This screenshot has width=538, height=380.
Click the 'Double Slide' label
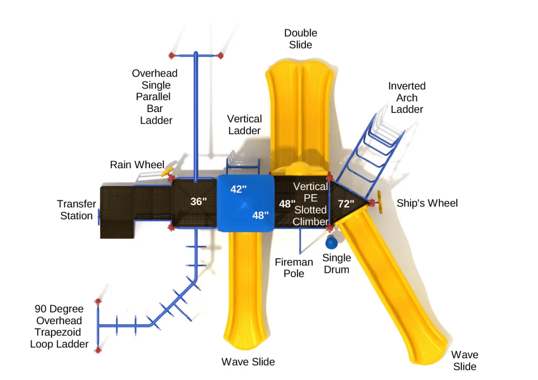(x=301, y=39)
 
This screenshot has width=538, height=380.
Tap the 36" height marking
(x=198, y=202)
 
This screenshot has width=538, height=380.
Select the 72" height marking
(x=346, y=204)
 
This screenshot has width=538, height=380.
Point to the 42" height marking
(x=238, y=189)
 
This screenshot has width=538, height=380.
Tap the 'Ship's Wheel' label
(x=427, y=204)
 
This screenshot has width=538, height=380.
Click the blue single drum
(x=331, y=241)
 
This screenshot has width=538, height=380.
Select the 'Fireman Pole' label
(x=294, y=268)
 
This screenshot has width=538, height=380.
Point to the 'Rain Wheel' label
(x=137, y=165)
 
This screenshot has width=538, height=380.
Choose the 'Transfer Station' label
(x=77, y=210)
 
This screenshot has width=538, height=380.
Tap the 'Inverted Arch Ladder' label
(x=407, y=98)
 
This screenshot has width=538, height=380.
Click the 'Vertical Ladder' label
(x=244, y=125)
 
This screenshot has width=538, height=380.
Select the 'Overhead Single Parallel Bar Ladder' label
(x=155, y=97)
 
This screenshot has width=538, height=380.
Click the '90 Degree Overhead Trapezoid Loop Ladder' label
(x=59, y=326)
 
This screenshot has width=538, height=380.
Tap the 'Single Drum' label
(x=336, y=264)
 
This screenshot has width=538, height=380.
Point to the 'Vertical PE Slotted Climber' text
(x=310, y=204)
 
